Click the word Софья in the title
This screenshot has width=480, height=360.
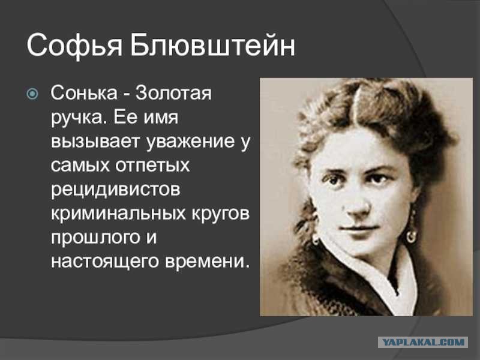click(x=74, y=46)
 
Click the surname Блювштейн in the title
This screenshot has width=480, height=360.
click(x=212, y=45)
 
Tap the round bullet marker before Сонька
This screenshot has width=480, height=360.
click(x=32, y=94)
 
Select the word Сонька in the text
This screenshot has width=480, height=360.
click(x=84, y=92)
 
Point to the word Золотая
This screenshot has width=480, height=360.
click(x=173, y=92)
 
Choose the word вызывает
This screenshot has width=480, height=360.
click(x=95, y=142)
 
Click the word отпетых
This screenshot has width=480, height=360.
click(x=152, y=166)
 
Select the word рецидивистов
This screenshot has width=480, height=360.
click(x=115, y=190)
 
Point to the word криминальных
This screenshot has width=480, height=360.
click(x=118, y=214)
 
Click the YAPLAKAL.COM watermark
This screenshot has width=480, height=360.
click(x=424, y=342)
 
